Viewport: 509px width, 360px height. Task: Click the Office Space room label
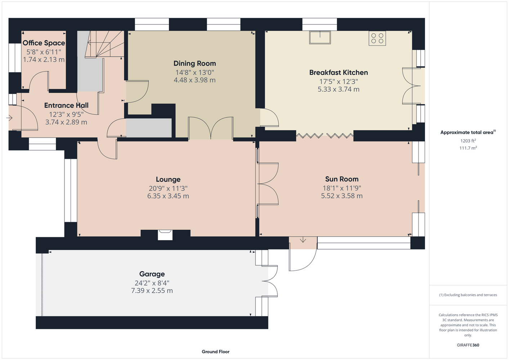pyautogui.click(x=44, y=43)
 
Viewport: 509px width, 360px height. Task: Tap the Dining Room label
pyautogui.click(x=195, y=63)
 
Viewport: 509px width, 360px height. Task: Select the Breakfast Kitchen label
pyautogui.click(x=339, y=72)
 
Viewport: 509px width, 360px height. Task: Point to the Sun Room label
pyautogui.click(x=342, y=179)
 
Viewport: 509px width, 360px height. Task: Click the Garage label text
pyautogui.click(x=152, y=274)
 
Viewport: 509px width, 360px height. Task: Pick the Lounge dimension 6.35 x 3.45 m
pyautogui.click(x=168, y=196)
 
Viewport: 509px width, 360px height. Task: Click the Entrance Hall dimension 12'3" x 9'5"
pyautogui.click(x=66, y=114)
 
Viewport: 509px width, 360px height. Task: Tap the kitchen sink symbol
pyautogui.click(x=320, y=37)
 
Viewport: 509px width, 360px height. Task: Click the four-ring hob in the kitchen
pyautogui.click(x=378, y=39)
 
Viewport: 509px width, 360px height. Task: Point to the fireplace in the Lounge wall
pyautogui.click(x=165, y=235)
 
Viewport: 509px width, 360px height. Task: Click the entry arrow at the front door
pyautogui.click(x=9, y=118)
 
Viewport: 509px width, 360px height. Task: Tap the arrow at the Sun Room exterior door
pyautogui.click(x=303, y=240)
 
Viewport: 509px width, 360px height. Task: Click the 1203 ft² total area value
pyautogui.click(x=468, y=141)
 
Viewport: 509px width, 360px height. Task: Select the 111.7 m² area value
pyautogui.click(x=468, y=148)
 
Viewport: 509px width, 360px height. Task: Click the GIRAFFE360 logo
pyautogui.click(x=468, y=345)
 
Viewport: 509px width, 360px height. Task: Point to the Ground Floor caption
pyautogui.click(x=216, y=352)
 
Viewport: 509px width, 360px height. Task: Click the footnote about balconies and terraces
pyautogui.click(x=468, y=295)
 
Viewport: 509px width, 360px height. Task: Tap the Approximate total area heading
pyautogui.click(x=468, y=132)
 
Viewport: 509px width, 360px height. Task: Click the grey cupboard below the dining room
pyautogui.click(x=149, y=128)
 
